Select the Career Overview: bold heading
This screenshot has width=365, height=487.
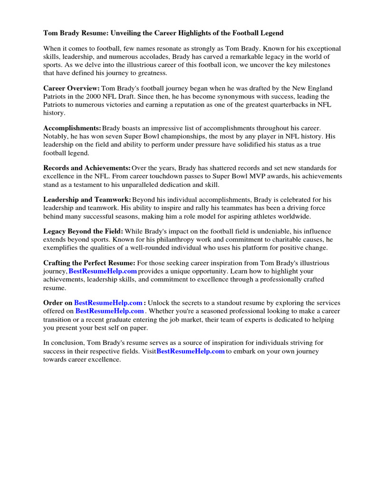[71, 88]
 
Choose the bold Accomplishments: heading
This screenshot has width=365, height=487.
[72, 128]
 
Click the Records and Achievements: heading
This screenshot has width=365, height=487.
[86, 168]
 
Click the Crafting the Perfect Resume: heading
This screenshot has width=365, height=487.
[89, 263]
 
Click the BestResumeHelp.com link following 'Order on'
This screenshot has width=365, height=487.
[108, 303]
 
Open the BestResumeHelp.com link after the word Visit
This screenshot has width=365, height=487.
[191, 351]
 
